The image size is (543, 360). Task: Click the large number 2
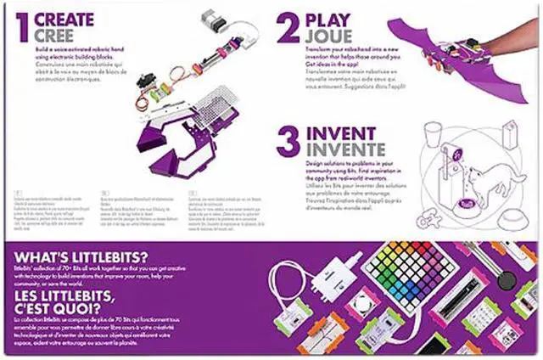coord(289,25)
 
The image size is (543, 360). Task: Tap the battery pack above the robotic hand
coord(212,19)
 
